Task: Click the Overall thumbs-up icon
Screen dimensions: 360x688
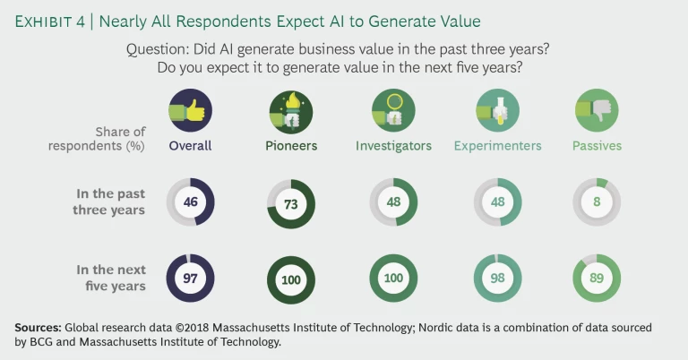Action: pos(190,111)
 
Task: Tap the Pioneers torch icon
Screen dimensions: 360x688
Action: pos(290,111)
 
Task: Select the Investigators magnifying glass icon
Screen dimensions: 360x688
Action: pos(393,111)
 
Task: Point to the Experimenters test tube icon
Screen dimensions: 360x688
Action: pos(495,111)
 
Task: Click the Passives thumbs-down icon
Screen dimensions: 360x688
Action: pos(597,111)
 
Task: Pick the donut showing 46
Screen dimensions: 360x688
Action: pos(190,202)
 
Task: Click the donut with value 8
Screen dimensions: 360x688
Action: pos(597,202)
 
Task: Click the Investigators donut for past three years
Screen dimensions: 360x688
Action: pos(393,202)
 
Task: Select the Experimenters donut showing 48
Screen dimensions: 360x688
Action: pos(495,202)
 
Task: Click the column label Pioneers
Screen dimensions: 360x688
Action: pos(290,145)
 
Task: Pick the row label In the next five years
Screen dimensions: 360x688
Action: pos(111,278)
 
